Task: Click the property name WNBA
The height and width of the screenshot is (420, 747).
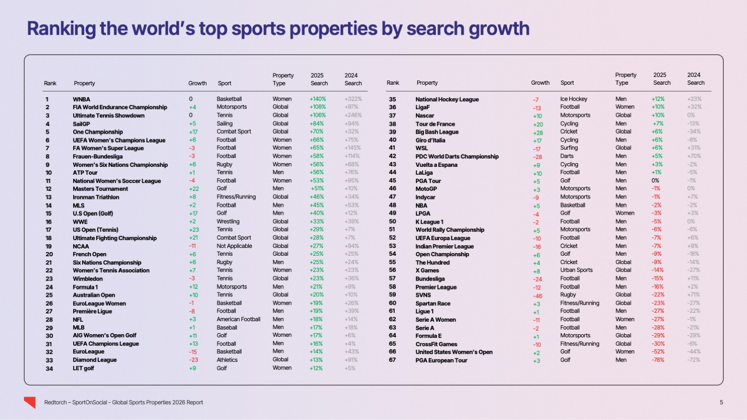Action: click(x=82, y=99)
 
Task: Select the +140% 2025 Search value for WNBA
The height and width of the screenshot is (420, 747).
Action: click(x=317, y=99)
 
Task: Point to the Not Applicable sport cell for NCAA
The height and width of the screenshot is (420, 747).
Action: click(x=234, y=246)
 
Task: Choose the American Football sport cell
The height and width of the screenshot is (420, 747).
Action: click(x=238, y=319)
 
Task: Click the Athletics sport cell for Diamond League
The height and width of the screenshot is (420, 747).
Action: click(x=227, y=360)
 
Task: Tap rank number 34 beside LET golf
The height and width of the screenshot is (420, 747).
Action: click(x=48, y=369)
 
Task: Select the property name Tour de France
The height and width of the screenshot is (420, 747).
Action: click(x=435, y=124)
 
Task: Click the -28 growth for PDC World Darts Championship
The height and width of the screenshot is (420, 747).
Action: click(x=537, y=156)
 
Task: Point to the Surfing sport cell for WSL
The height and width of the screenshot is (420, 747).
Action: click(x=570, y=148)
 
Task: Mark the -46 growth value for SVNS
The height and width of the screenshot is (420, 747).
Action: click(x=537, y=295)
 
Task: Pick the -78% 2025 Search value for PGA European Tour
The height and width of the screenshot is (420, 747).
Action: click(x=658, y=360)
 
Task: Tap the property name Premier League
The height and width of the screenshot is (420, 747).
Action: click(x=436, y=287)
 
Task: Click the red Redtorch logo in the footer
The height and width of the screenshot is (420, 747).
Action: click(x=30, y=402)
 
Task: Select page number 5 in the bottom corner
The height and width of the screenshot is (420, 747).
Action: click(x=721, y=402)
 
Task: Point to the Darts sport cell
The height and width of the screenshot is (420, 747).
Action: click(x=567, y=156)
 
